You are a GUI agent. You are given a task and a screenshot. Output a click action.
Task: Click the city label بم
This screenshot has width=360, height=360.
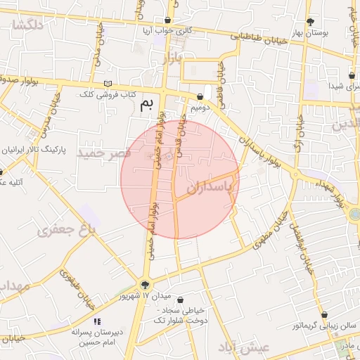tap(146, 105)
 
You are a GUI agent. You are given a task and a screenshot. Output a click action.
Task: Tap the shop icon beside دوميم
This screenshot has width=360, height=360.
tap(200, 97)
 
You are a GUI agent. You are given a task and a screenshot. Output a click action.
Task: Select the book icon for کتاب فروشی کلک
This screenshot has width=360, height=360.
tap(108, 84)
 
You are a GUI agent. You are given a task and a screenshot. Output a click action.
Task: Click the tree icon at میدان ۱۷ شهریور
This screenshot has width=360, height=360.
tap(145, 285)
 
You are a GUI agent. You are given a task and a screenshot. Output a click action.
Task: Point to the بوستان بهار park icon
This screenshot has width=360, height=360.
tap(310, 22)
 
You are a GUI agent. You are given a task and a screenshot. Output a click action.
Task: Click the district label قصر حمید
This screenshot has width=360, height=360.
tap(104, 153)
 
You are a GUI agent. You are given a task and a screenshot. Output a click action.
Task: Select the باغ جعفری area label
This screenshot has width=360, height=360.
tap(67, 229)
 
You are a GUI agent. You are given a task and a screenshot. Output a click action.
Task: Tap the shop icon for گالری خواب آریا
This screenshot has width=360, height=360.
tap(167, 20)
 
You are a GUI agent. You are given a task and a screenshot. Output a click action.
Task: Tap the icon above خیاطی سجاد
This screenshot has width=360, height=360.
tap(181, 300)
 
